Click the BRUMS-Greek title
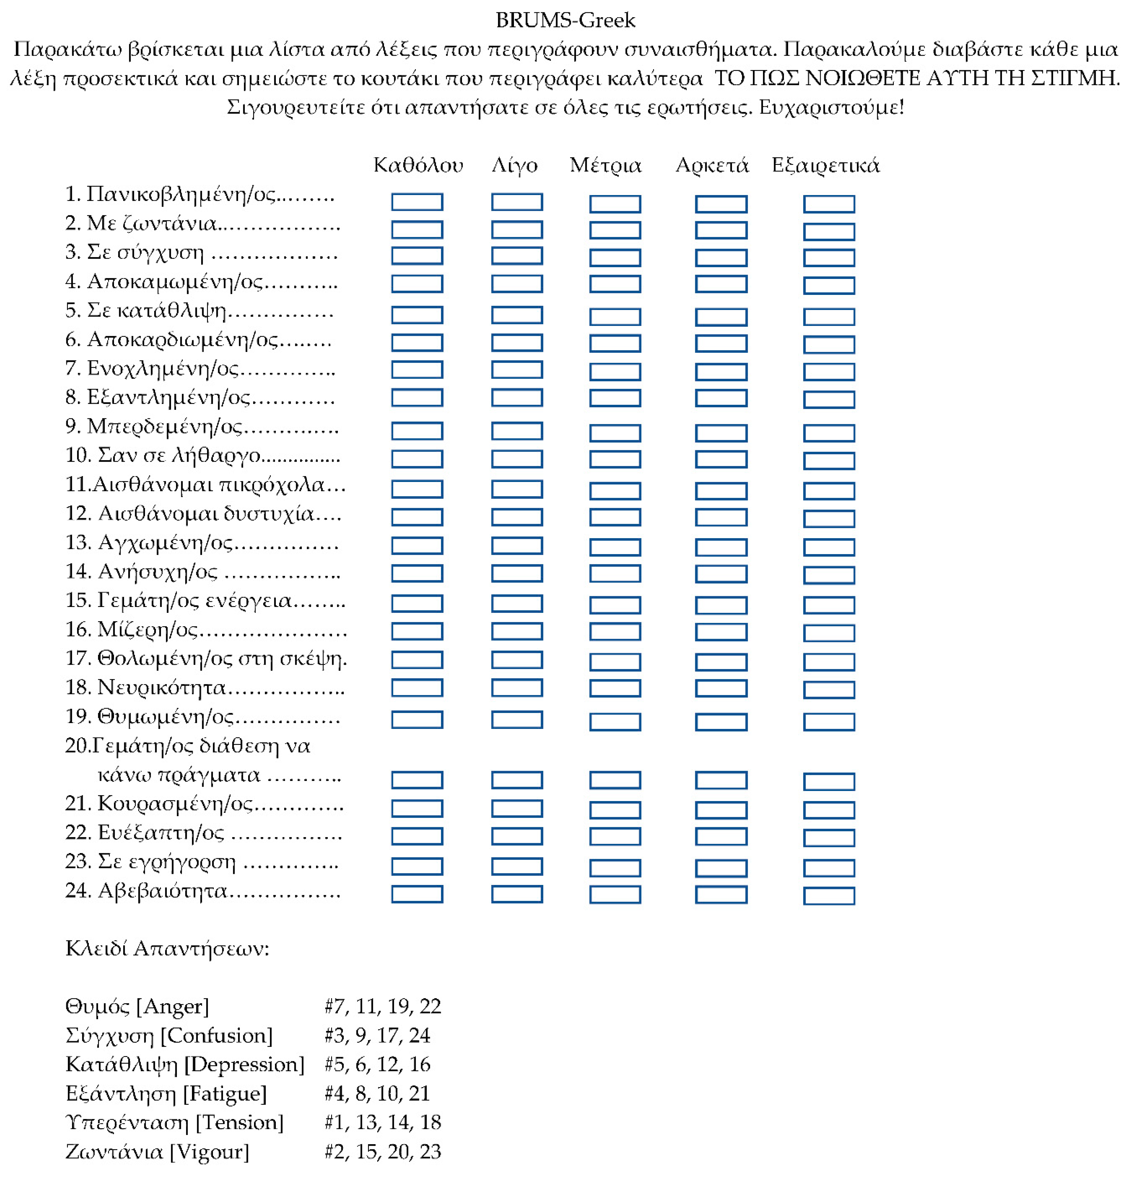565,21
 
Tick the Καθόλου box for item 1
417,202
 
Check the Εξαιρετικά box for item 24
829,895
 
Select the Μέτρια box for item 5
615,317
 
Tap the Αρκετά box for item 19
721,722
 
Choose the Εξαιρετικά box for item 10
829,460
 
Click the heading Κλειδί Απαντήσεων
167,949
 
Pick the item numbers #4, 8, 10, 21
378,1093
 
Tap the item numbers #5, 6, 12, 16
378,1064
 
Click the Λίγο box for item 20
517,780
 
